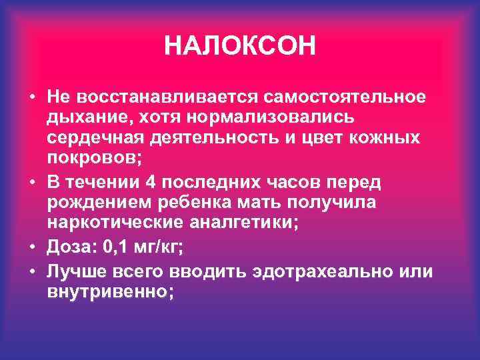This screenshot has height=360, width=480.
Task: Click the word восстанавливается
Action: [169, 96]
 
